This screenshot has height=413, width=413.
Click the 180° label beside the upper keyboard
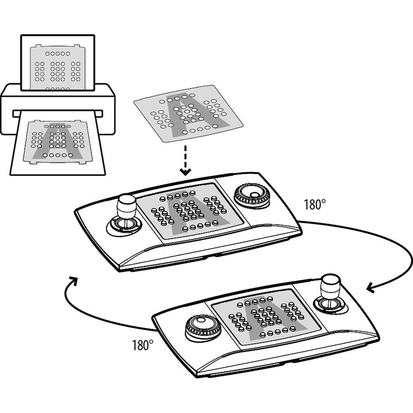pyautogui.click(x=315, y=204)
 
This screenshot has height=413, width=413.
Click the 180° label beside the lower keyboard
pyautogui.click(x=142, y=345)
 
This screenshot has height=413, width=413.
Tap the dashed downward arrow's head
pyautogui.click(x=185, y=172)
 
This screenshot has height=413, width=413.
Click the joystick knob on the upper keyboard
pyautogui.click(x=126, y=205)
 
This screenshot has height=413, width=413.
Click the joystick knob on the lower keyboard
pyautogui.click(x=330, y=285)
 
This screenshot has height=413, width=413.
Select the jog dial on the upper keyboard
pyautogui.click(x=252, y=195)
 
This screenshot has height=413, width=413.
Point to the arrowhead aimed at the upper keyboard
pyautogui.click(x=73, y=281)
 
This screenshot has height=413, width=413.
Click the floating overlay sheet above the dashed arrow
pyautogui.click(x=188, y=113)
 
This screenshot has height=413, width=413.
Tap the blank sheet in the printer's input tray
pyautogui.click(x=58, y=63)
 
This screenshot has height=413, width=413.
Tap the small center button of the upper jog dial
pyautogui.click(x=254, y=195)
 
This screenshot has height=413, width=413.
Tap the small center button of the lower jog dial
pyautogui.click(x=201, y=320)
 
